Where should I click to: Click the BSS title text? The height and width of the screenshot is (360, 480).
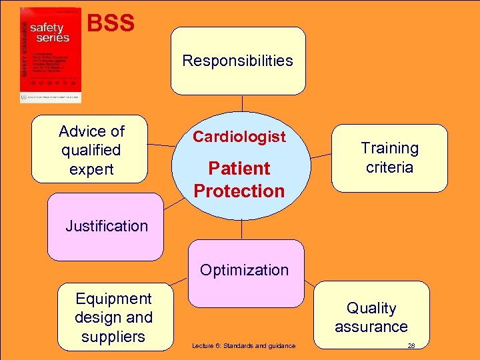(111, 24)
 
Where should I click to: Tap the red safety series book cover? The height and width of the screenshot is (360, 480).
(51, 55)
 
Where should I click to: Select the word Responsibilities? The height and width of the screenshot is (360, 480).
(238, 61)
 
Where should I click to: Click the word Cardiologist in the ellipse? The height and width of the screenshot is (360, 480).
(239, 137)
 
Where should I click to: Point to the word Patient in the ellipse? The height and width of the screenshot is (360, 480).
(239, 168)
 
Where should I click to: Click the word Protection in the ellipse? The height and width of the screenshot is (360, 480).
(239, 191)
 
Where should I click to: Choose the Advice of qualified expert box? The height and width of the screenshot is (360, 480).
(91, 150)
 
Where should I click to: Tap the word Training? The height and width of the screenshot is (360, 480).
(389, 148)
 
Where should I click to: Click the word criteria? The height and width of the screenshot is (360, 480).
(389, 167)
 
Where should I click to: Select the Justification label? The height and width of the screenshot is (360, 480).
(107, 226)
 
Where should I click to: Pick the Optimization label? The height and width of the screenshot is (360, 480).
(245, 270)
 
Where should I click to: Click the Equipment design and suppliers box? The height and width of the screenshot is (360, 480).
(114, 317)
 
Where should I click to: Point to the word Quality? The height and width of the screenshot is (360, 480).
(371, 308)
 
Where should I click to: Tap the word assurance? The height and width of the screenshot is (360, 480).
(371, 327)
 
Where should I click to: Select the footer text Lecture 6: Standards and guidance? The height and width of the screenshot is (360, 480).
(243, 345)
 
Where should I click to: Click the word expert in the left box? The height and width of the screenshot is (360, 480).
(91, 169)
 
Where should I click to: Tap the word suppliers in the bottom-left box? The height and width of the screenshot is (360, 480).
(113, 337)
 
